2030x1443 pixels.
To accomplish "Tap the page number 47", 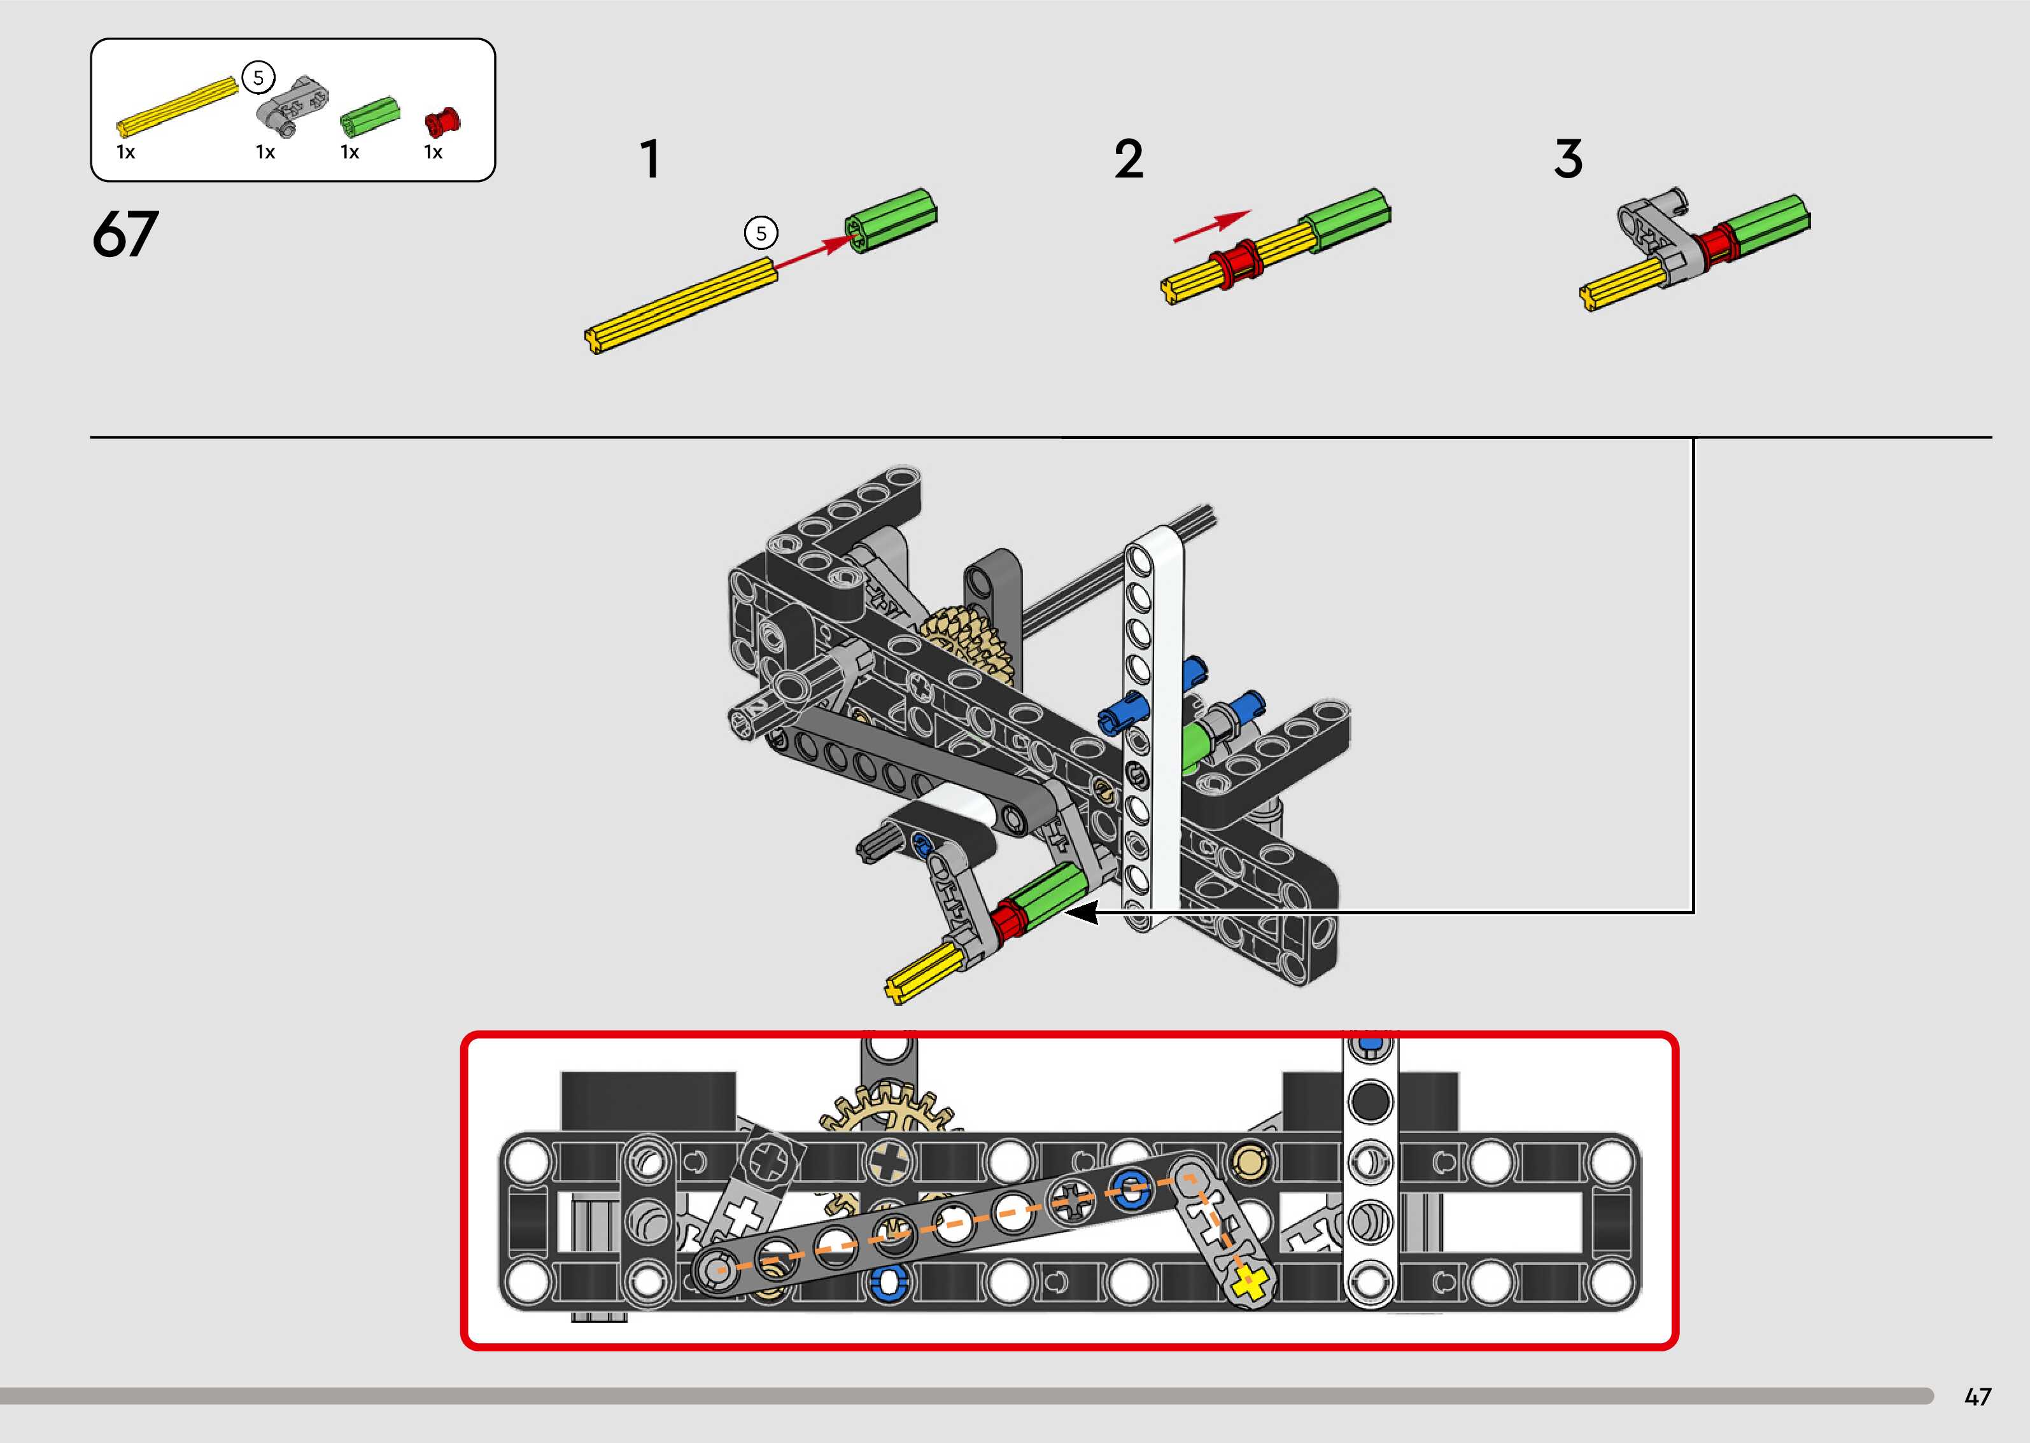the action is coord(1978,1397).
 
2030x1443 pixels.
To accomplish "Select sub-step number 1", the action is coord(651,160).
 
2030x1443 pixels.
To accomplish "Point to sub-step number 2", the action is coord(1129,160).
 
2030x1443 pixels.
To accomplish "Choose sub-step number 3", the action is coord(1568,160).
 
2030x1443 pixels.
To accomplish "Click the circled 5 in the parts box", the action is coord(258,78).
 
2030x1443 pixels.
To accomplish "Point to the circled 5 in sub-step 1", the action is coord(761,234).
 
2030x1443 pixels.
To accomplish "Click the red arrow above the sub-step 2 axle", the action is coord(1212,226).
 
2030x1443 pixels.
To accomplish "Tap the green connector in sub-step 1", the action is coord(891,220).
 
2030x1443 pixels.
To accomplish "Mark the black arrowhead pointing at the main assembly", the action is coord(1081,912).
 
